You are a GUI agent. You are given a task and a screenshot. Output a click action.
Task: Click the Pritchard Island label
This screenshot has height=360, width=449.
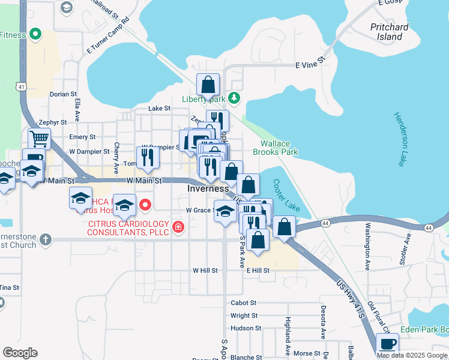[x=389, y=32]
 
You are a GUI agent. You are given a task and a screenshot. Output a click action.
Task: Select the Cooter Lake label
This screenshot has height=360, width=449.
[x=286, y=195]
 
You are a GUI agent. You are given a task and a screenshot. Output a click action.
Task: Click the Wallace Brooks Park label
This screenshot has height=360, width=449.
[x=279, y=148]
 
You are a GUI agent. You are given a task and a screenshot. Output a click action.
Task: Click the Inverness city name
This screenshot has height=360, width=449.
[x=208, y=188]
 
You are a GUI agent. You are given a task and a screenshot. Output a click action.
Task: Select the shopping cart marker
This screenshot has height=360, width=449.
[x=39, y=139]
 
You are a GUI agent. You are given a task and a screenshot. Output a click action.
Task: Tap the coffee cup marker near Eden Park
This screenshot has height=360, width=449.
[x=387, y=344]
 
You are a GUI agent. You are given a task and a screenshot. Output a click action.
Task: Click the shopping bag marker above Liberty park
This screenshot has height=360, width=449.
[x=208, y=84]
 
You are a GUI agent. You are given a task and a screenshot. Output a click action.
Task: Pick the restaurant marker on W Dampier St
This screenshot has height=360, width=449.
[x=147, y=157]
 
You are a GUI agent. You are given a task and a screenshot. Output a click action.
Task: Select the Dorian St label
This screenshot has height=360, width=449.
[x=64, y=94]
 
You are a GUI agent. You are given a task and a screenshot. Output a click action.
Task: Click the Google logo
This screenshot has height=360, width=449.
[x=20, y=353]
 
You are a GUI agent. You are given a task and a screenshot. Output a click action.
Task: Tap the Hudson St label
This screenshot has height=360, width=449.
[x=246, y=328]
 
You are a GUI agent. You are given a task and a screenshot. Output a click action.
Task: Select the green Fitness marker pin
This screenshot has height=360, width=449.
[x=35, y=35]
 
